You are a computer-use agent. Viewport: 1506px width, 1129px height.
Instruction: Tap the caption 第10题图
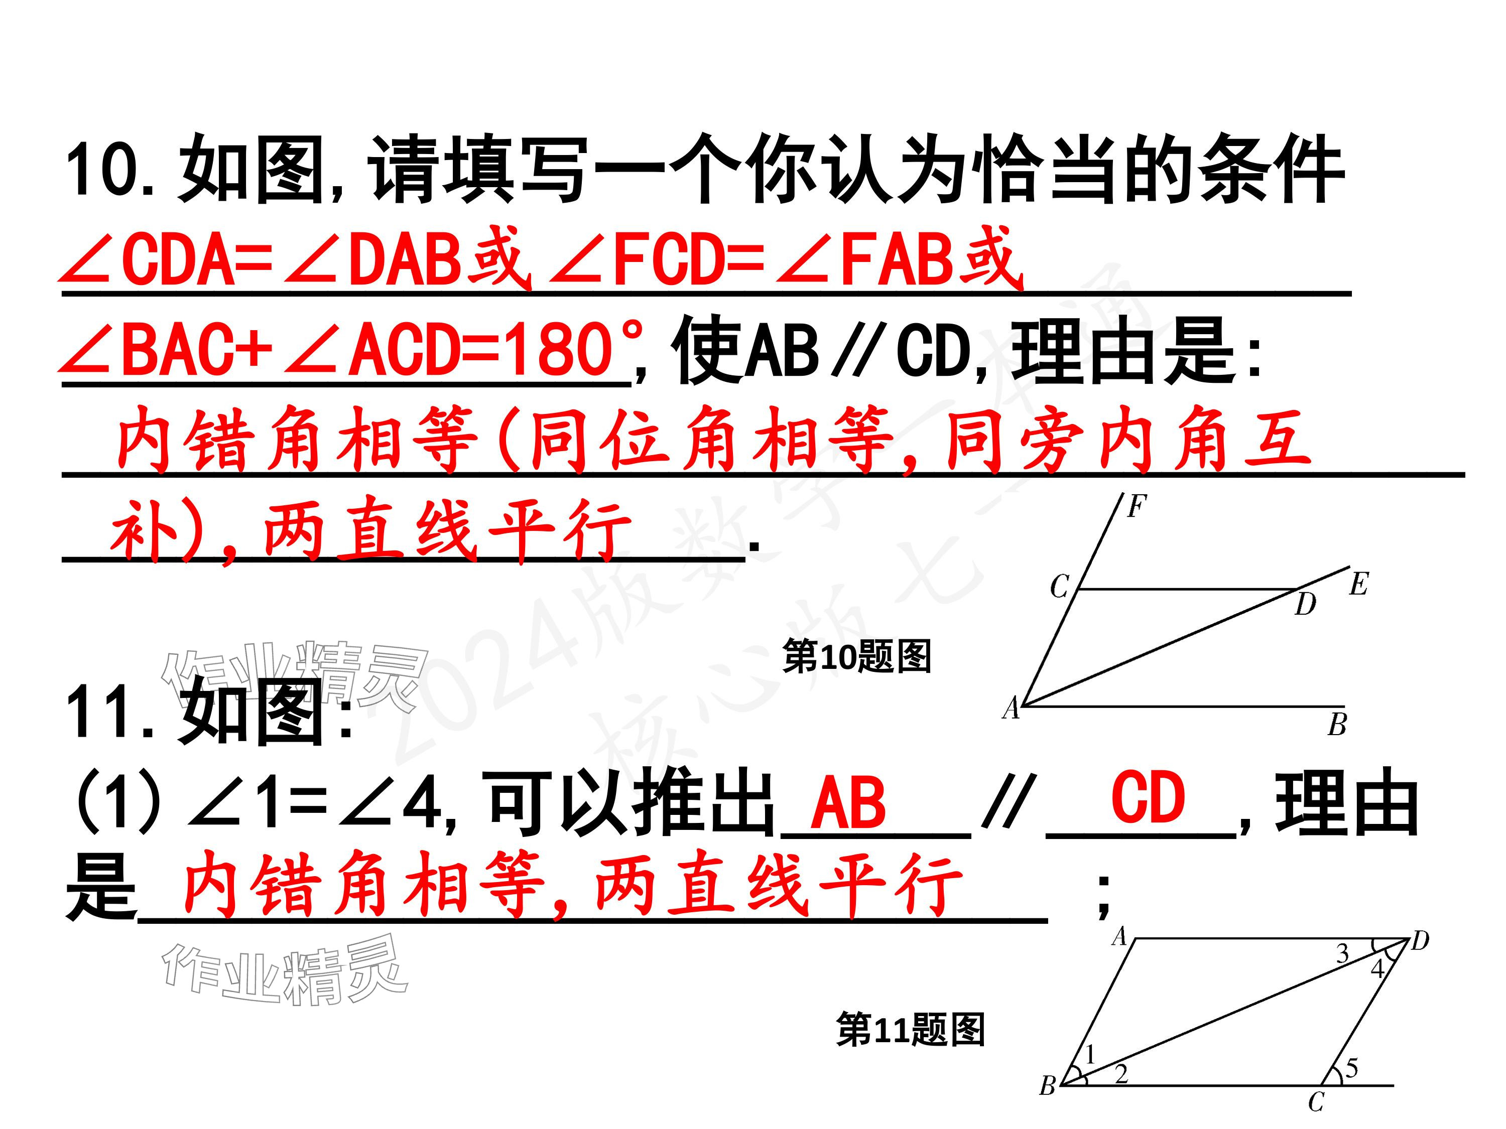(x=856, y=657)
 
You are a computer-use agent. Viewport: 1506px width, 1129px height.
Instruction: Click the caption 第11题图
(x=910, y=1030)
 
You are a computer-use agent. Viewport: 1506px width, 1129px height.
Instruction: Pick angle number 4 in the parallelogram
(x=1376, y=968)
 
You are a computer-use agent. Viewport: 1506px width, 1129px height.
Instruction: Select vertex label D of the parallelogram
(x=1420, y=941)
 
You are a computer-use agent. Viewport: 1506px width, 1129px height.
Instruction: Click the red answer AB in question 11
(x=848, y=803)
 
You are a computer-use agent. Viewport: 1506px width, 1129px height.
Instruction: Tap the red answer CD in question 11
(x=1148, y=798)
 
